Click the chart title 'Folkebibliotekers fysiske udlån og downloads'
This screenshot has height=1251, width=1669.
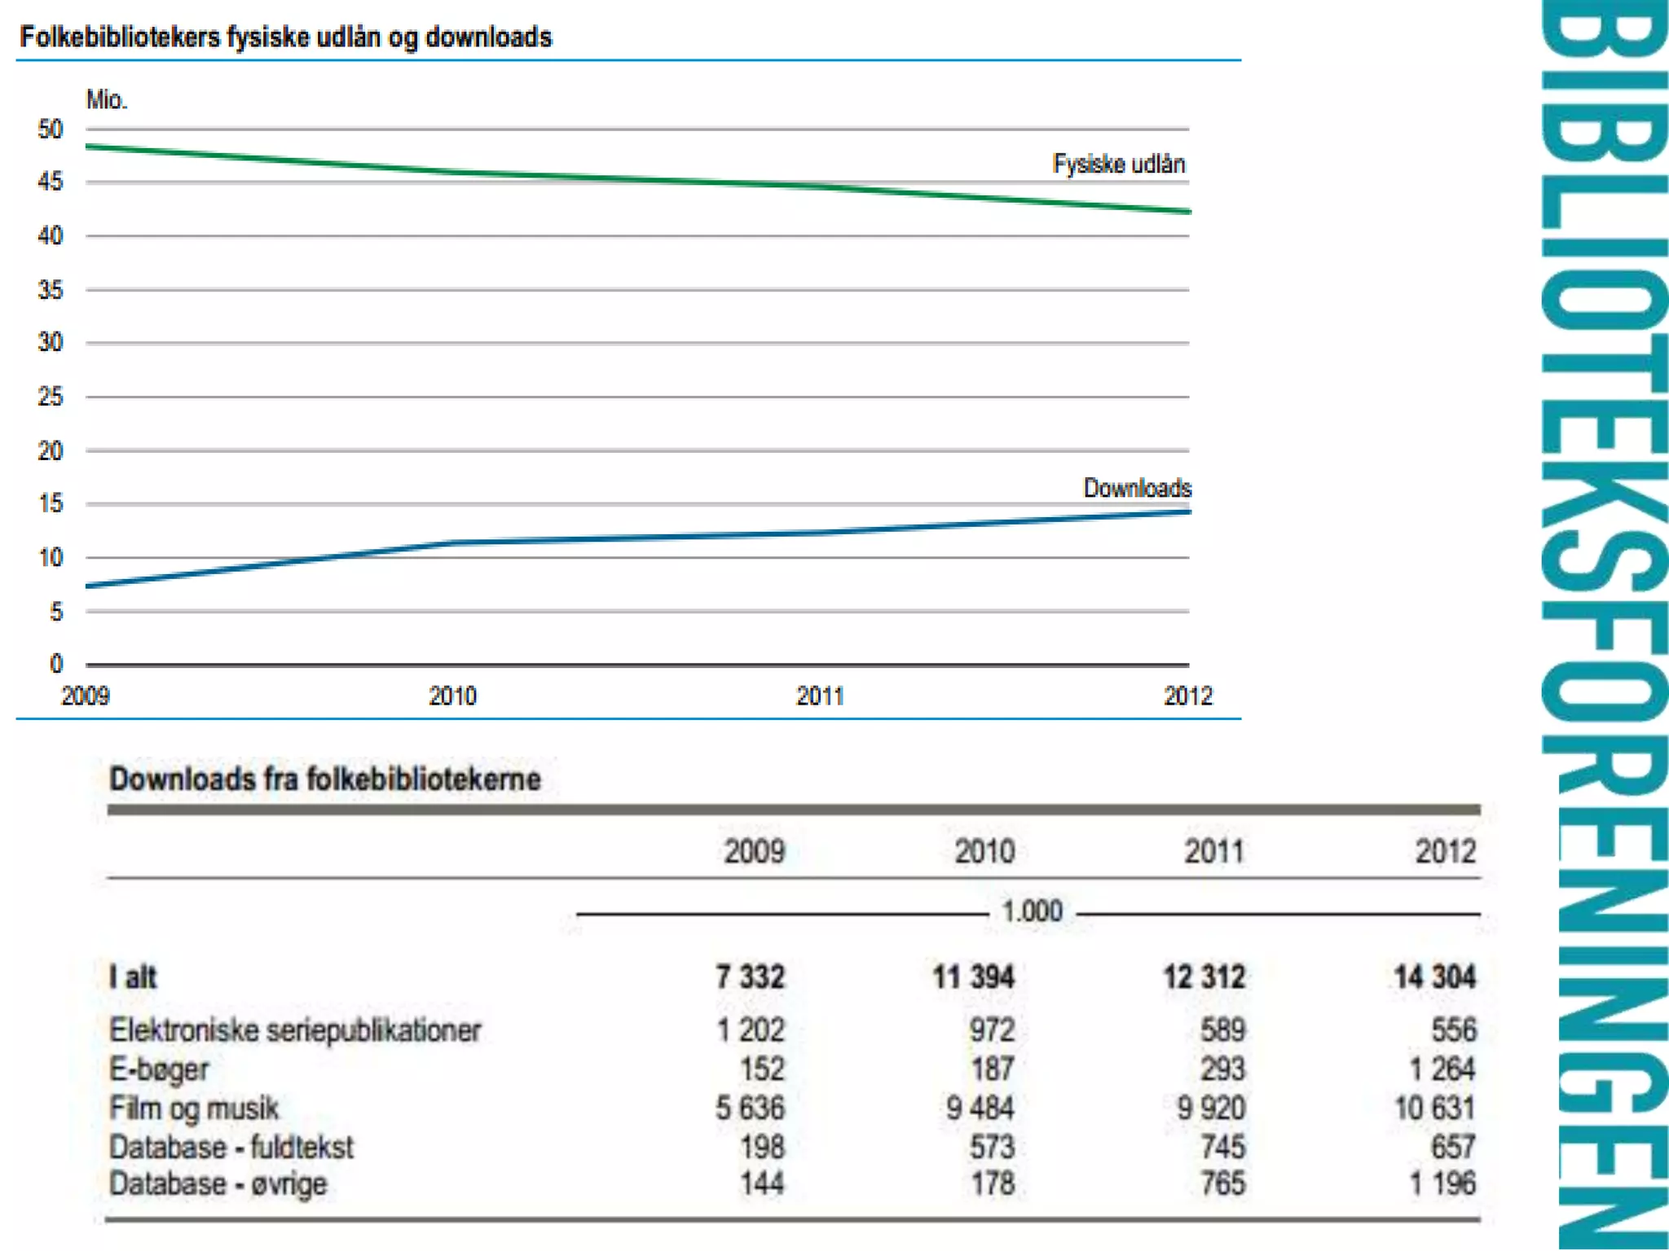point(285,37)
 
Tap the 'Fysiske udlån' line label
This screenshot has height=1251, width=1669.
point(1118,165)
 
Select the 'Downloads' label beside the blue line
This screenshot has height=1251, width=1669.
point(1137,488)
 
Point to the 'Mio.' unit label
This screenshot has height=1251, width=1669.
point(107,100)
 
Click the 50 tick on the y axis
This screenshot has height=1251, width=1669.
point(51,129)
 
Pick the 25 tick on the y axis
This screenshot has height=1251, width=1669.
point(51,397)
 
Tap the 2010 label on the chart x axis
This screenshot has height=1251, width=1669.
point(452,696)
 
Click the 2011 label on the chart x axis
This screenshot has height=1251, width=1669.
point(820,696)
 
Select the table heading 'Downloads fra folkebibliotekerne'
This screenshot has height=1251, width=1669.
point(325,779)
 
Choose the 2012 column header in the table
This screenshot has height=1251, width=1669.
point(1445,852)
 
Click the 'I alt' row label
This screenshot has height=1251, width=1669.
point(133,977)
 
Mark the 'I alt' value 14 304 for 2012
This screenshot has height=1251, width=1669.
point(1434,977)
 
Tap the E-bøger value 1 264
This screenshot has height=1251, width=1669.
point(1442,1069)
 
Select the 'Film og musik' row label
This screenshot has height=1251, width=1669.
point(194,1108)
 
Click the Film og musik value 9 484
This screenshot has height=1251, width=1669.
point(980,1108)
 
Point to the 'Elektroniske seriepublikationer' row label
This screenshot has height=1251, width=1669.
point(295,1030)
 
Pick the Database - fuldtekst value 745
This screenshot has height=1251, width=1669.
point(1222,1148)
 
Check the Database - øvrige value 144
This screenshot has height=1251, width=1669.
point(762,1183)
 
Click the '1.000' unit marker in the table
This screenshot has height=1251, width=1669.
point(1032,911)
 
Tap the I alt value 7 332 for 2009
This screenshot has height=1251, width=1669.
point(750,977)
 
